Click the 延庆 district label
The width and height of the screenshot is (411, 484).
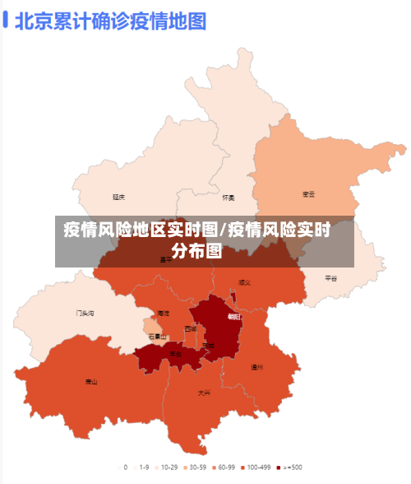tap(119, 197)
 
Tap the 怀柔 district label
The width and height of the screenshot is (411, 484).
tap(229, 198)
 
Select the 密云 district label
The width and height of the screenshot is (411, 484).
tap(309, 194)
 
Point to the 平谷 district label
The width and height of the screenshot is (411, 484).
tap(330, 278)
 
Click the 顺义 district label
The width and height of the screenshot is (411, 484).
tap(244, 282)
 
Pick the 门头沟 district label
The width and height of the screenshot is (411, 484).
tap(85, 314)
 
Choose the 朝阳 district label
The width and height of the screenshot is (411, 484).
tap(234, 317)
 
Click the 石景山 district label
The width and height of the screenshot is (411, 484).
tap(157, 337)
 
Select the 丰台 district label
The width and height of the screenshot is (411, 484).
tap(175, 353)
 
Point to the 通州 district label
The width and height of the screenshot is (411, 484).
tap(257, 367)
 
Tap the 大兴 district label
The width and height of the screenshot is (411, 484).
tap(204, 393)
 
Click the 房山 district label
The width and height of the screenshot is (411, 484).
tap(91, 382)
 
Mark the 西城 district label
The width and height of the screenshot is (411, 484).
tap(191, 329)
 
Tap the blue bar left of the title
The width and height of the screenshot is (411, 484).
tap(6, 20)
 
